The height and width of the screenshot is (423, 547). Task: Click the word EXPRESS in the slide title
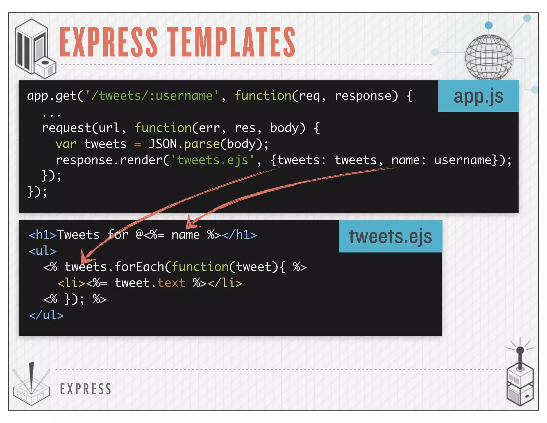(x=108, y=42)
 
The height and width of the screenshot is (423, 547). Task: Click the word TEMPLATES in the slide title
(x=232, y=42)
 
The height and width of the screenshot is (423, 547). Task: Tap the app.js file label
(x=478, y=96)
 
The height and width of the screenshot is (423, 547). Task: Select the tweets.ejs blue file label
(x=390, y=236)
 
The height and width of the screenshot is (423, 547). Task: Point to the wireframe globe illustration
(x=489, y=57)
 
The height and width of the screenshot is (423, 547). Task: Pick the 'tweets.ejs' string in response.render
(x=213, y=160)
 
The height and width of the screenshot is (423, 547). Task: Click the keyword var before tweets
(x=66, y=144)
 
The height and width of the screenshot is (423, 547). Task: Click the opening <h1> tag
(x=43, y=235)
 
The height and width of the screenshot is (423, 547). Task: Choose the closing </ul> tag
(x=46, y=315)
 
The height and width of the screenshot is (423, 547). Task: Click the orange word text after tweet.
(x=171, y=283)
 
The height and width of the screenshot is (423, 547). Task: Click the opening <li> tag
(x=71, y=283)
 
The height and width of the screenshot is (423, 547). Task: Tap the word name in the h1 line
(x=185, y=235)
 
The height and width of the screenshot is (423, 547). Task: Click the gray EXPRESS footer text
(x=85, y=389)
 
